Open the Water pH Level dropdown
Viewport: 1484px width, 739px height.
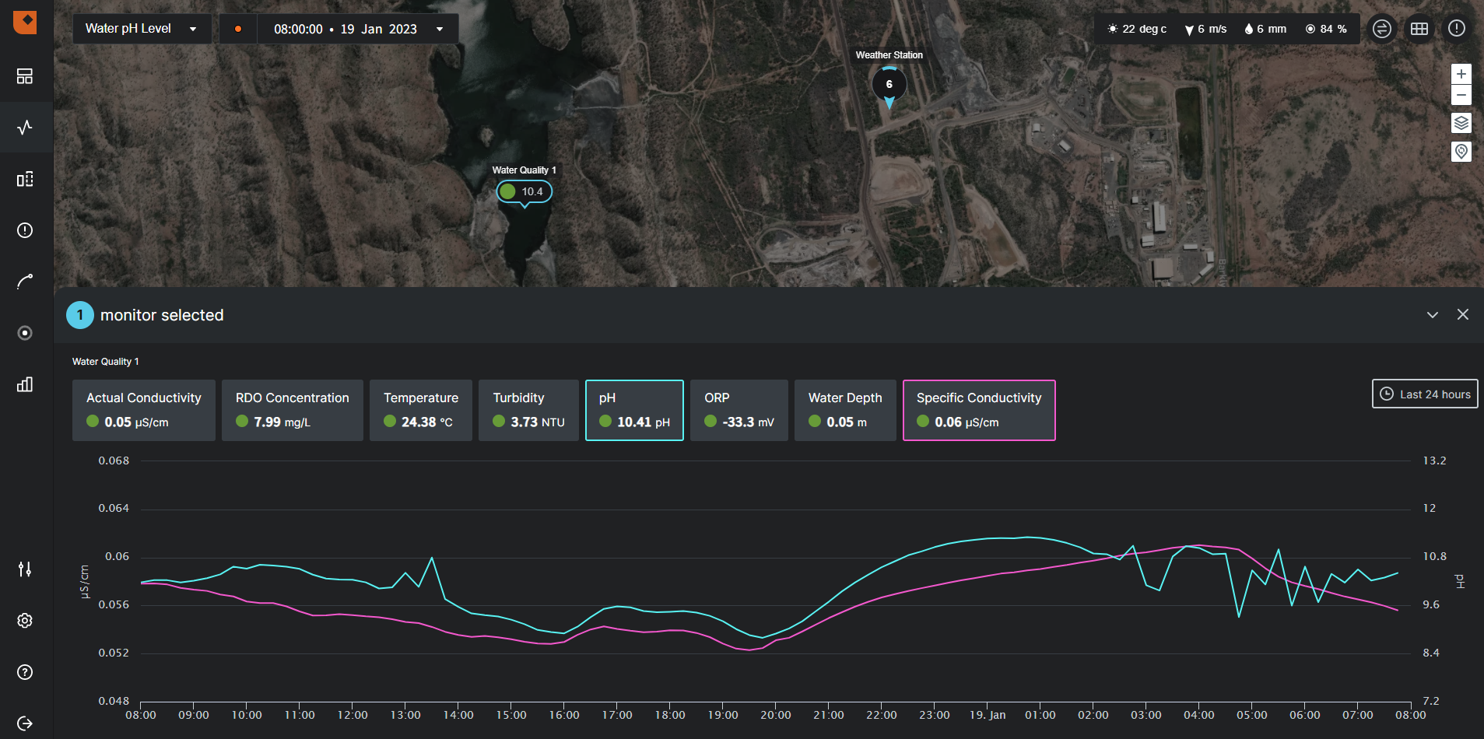click(141, 29)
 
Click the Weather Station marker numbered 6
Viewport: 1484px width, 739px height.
click(889, 84)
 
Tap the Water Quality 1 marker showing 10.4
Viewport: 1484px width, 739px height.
click(524, 191)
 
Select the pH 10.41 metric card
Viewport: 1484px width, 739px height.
click(634, 410)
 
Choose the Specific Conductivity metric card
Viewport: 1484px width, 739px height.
click(978, 410)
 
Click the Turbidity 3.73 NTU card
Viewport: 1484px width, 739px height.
click(528, 410)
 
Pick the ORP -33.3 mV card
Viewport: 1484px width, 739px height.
click(738, 410)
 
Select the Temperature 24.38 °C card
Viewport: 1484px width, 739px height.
click(420, 410)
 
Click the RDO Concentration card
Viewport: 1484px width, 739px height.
click(292, 410)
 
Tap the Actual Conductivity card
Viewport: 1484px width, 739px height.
click(143, 410)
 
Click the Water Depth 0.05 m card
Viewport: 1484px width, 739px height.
click(844, 410)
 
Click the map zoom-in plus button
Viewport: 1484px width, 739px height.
click(1461, 74)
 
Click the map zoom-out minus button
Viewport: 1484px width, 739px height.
click(1461, 95)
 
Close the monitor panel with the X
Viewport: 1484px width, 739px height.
click(1462, 314)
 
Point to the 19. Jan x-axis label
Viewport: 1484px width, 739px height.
click(987, 715)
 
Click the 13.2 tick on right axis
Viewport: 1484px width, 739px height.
click(1433, 461)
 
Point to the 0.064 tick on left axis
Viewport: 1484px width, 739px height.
click(114, 508)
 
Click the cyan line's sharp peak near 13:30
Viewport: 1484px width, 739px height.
click(432, 558)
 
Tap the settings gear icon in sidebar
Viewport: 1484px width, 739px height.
click(25, 621)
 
